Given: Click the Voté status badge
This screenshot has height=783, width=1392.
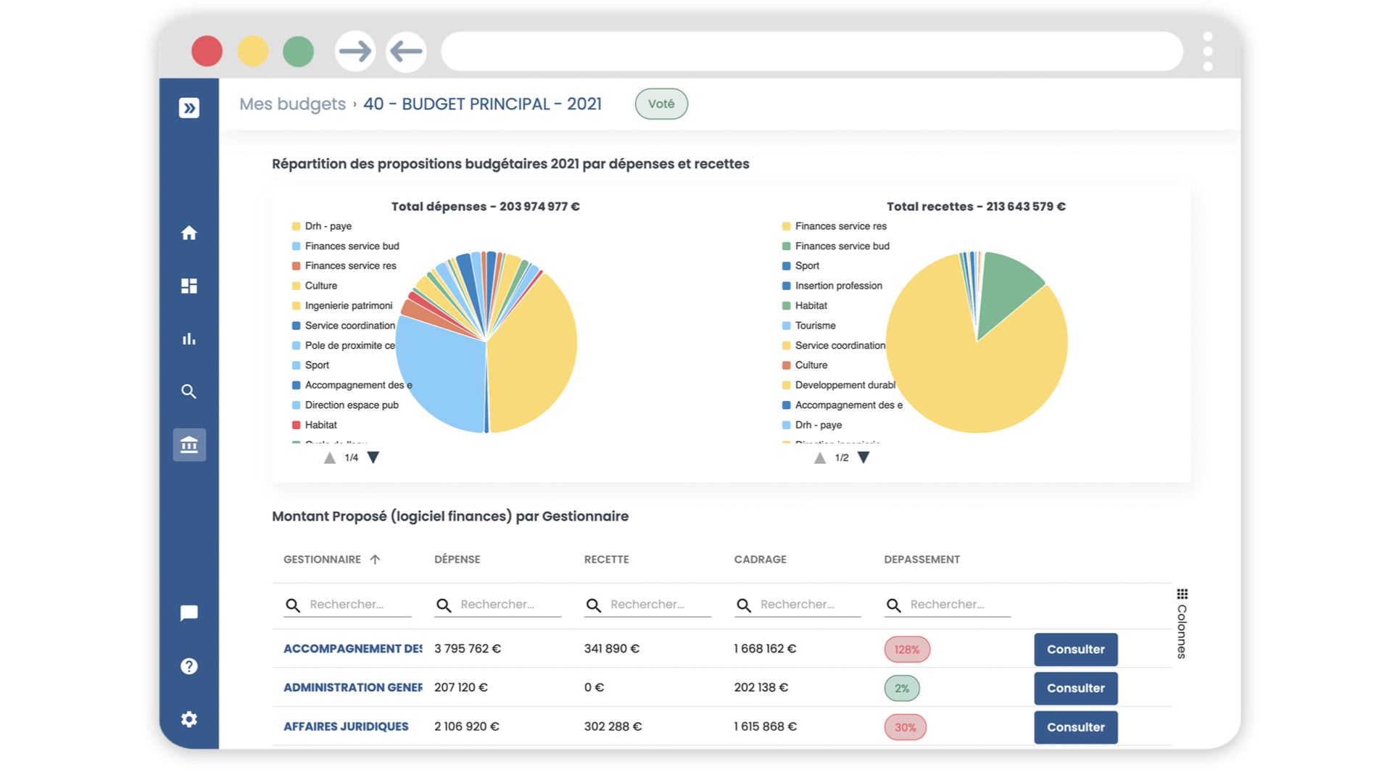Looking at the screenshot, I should (660, 104).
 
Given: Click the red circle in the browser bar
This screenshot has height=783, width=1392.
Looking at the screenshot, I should (207, 51).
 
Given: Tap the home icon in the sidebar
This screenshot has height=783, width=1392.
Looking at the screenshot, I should (189, 233).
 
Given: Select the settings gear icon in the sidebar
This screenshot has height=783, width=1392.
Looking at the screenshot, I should (189, 719).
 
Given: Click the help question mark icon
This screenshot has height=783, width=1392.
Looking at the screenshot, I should (189, 666).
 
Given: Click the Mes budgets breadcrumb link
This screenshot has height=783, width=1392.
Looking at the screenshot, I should (292, 104).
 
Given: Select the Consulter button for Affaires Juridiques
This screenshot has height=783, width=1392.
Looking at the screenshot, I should (1075, 727).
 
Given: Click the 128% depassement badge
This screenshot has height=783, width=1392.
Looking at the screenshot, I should (906, 650).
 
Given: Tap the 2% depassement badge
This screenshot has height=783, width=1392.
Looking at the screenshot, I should (901, 688).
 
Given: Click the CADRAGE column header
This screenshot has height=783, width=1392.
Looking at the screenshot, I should (760, 559).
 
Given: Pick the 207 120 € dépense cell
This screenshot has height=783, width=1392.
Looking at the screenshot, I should (460, 687).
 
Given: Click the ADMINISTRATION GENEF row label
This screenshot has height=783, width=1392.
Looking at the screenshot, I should (352, 687).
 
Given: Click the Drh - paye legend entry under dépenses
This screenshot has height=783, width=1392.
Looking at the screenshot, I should (328, 226).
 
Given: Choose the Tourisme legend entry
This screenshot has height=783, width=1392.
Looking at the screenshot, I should (815, 326).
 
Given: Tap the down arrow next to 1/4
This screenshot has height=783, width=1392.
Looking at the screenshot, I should (373, 457).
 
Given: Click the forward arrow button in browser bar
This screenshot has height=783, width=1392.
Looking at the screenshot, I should (355, 51).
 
